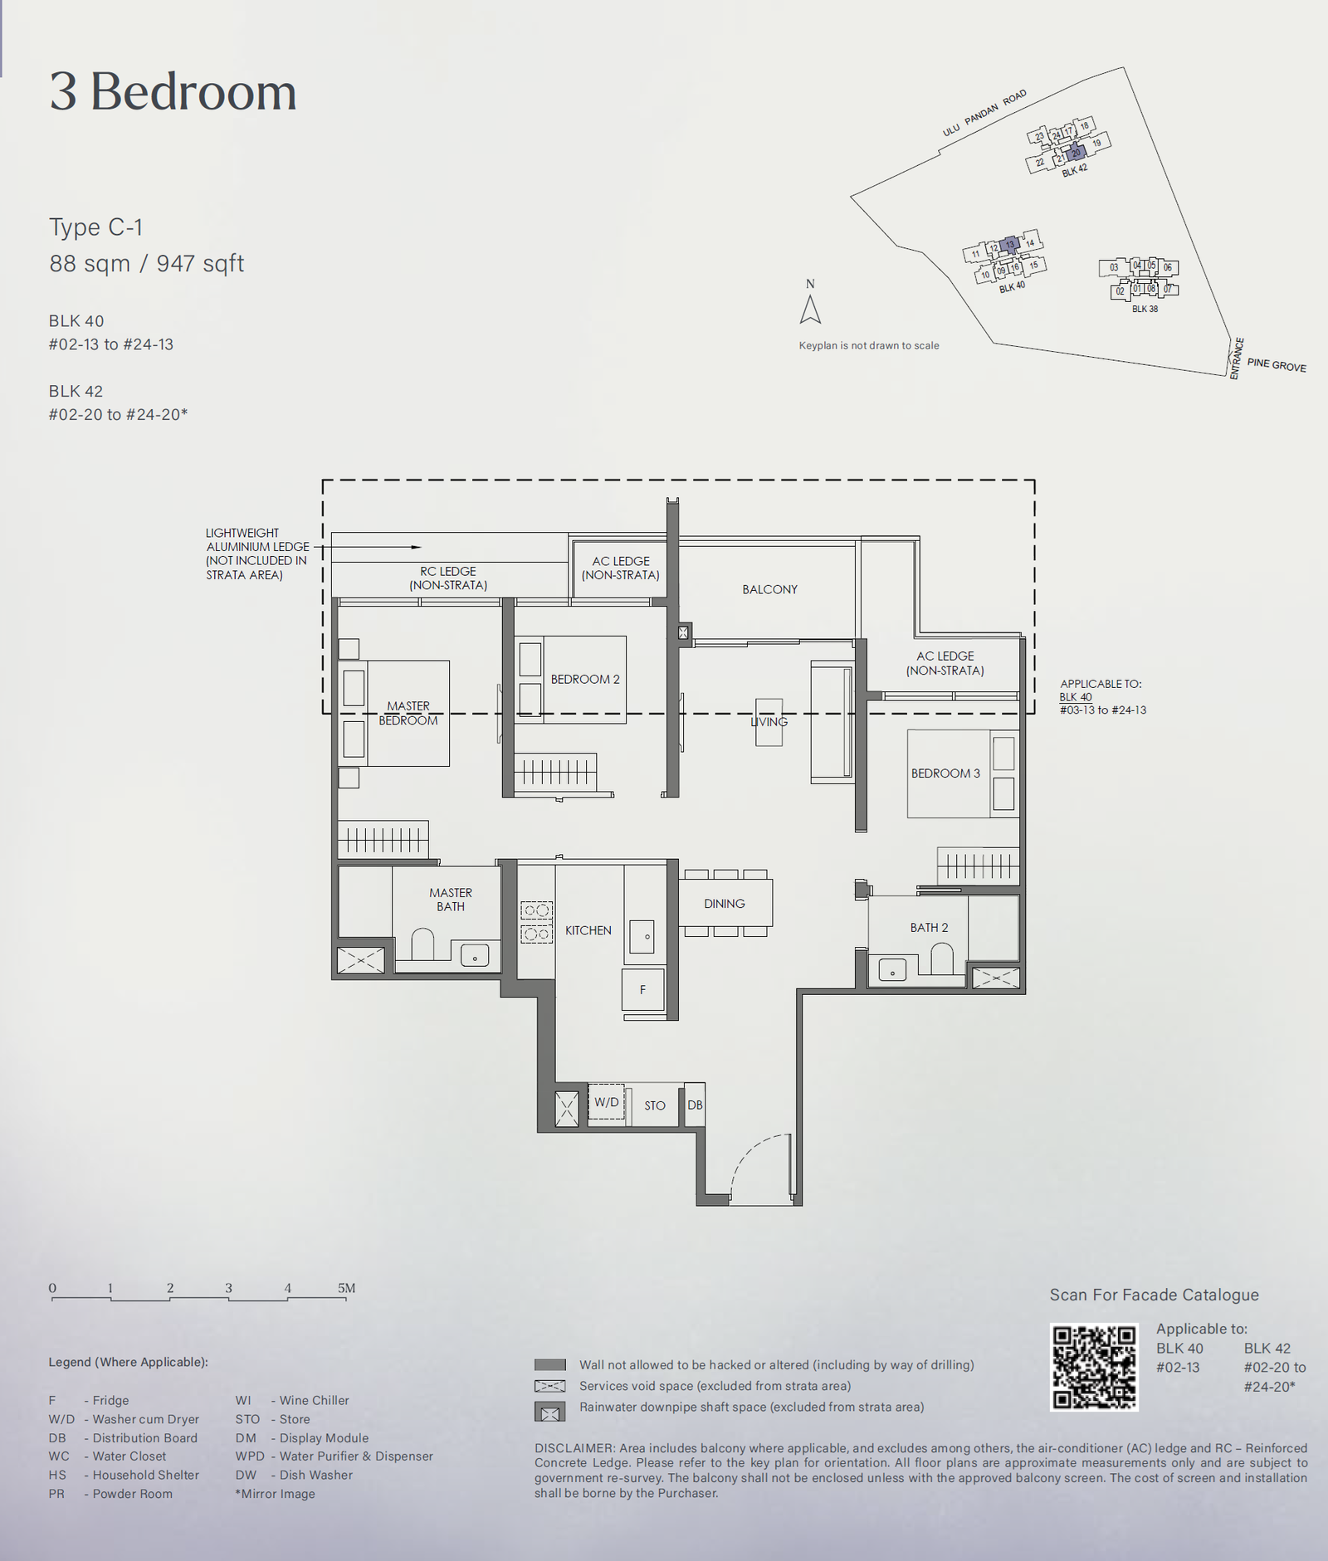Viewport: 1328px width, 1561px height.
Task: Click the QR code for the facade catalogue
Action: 1094,1368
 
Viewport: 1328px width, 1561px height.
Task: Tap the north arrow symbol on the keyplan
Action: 810,310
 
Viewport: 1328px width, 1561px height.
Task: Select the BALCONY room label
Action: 769,589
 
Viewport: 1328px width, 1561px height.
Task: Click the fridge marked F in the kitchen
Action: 643,989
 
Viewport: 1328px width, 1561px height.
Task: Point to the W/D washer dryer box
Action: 607,1102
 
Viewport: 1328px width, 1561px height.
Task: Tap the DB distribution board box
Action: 695,1105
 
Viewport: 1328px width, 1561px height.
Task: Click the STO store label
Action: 655,1105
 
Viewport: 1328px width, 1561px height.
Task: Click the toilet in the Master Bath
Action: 423,944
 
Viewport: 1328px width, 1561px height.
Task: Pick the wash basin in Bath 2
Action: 892,969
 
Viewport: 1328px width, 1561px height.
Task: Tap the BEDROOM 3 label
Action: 945,773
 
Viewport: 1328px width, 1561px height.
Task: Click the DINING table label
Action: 725,904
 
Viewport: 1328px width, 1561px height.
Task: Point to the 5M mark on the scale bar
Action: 346,1288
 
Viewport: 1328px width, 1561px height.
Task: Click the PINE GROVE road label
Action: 1277,365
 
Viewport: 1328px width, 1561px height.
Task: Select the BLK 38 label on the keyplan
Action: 1145,309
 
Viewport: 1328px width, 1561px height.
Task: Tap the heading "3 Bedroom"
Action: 173,91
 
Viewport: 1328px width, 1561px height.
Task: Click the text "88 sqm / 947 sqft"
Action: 147,264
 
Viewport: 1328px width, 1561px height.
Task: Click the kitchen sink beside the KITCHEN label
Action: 644,936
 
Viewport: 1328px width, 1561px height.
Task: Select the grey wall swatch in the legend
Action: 550,1364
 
